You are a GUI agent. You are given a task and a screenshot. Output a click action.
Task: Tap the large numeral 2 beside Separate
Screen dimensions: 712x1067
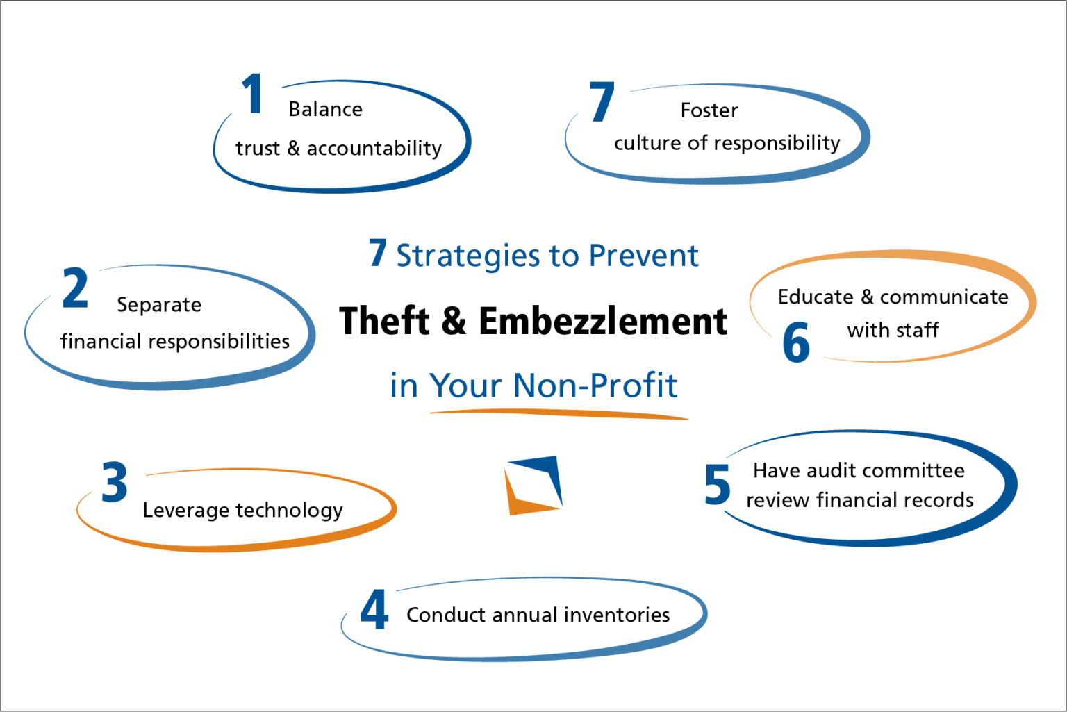(x=75, y=288)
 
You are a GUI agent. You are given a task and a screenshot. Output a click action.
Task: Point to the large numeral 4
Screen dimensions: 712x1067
(x=374, y=610)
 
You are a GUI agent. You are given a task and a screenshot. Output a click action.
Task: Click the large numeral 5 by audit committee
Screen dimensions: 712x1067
(x=717, y=485)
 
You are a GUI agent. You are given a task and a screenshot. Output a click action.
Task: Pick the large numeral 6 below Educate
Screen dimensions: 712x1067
(x=796, y=342)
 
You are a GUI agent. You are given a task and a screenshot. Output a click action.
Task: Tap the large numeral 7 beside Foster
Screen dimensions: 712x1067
(x=602, y=102)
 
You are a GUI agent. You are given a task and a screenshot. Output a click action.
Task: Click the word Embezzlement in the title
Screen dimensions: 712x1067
(x=602, y=322)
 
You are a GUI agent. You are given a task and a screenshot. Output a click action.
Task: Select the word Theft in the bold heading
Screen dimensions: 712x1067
(x=385, y=322)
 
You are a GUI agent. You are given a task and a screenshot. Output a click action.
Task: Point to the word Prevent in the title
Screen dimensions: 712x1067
(x=643, y=256)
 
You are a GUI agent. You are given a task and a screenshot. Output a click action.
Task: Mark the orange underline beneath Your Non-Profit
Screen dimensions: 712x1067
(x=559, y=415)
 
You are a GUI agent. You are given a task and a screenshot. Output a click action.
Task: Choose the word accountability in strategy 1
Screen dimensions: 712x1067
(x=374, y=149)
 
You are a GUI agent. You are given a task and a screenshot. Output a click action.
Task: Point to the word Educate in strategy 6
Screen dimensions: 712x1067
(x=816, y=297)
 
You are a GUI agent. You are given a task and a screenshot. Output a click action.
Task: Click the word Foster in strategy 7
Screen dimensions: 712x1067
(x=709, y=110)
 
